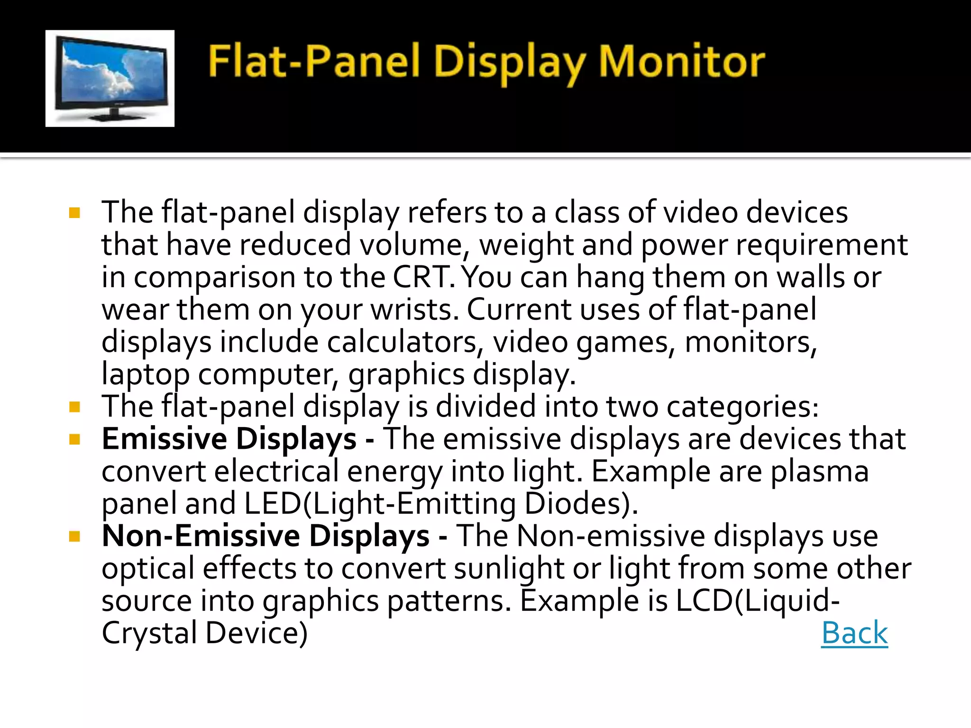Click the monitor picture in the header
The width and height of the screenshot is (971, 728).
coord(110,78)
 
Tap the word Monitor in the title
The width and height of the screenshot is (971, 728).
coord(681,62)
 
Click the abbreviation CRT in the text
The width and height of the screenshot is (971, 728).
coord(420,277)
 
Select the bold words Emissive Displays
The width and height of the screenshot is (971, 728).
coord(229,439)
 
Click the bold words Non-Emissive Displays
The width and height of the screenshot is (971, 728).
coord(266,536)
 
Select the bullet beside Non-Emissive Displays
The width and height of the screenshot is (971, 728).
coord(74,537)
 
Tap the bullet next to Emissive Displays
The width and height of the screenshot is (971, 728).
coord(74,439)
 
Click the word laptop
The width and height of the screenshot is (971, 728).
coord(146,375)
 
